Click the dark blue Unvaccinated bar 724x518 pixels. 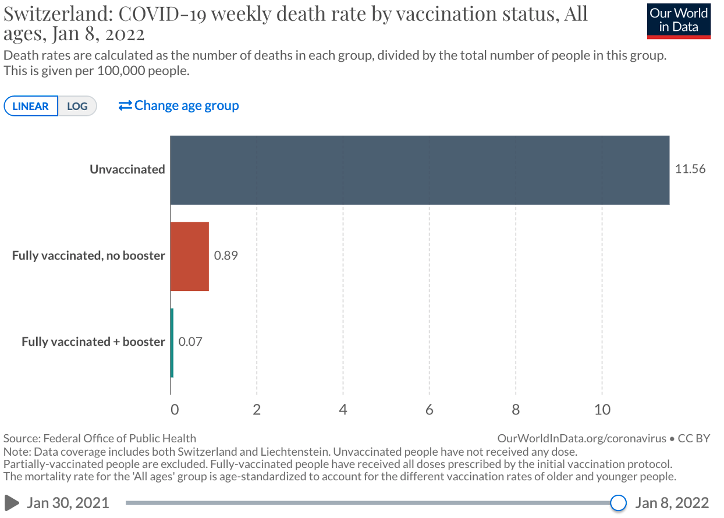419,170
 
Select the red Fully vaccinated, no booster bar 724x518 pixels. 189,256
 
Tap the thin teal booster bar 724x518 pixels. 172,342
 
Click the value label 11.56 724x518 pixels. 690,169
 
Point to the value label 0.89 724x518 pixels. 226,256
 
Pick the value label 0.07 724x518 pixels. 190,342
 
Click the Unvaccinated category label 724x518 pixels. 127,169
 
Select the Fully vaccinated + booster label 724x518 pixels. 93,342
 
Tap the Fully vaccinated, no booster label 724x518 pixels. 88,256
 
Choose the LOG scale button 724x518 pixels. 77,107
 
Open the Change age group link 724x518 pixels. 179,106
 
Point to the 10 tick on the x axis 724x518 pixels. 602,410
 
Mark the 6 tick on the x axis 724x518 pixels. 430,410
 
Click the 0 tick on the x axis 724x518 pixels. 174,410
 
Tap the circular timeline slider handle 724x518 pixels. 618,502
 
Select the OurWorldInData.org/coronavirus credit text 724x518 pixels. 582,438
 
